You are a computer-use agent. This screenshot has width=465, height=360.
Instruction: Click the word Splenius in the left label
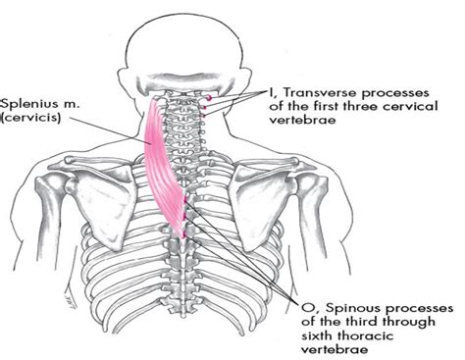point(26,100)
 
